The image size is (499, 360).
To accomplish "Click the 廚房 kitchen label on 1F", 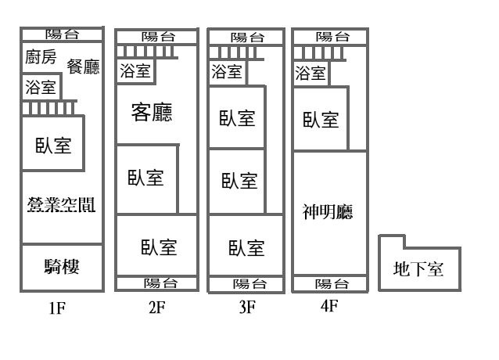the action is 41,56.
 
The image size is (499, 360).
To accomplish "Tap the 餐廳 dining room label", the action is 83,67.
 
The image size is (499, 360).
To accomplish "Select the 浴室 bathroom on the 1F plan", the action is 41,87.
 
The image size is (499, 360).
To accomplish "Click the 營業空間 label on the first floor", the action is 62,204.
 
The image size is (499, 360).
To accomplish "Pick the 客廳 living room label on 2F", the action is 152,112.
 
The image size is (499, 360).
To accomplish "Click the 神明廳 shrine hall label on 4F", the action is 328,211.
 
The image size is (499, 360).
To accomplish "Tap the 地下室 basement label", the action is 418,269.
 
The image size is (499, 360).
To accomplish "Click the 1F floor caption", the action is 57,308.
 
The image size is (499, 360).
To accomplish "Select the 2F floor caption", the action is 157,307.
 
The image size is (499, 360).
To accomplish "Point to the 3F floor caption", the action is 247,307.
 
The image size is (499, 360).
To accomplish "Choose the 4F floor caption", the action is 329,306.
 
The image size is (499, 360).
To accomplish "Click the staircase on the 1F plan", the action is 48,109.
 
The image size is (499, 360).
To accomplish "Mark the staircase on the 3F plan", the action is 236,53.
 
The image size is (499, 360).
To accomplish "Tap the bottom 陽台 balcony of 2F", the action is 157,283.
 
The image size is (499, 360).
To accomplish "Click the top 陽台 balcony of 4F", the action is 330,37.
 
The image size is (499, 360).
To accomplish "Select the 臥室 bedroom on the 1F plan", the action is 53,143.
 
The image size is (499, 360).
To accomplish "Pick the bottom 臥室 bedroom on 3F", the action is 246,246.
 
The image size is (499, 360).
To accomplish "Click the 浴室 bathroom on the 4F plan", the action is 311,74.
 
